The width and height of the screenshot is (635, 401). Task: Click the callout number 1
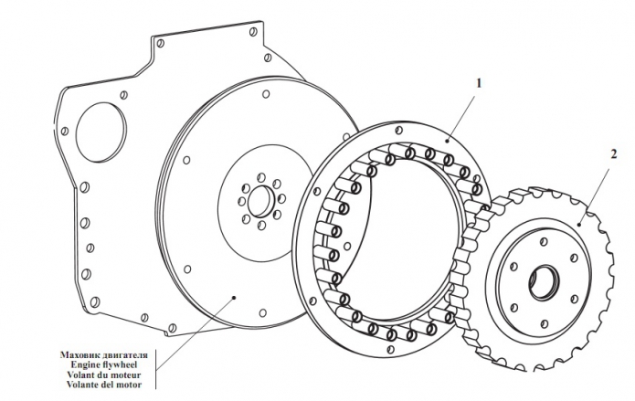coord(478,82)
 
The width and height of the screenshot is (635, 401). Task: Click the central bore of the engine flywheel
coord(259,200)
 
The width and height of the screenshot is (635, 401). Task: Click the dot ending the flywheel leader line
coord(236,297)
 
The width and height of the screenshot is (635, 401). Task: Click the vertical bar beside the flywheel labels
coord(155,369)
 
